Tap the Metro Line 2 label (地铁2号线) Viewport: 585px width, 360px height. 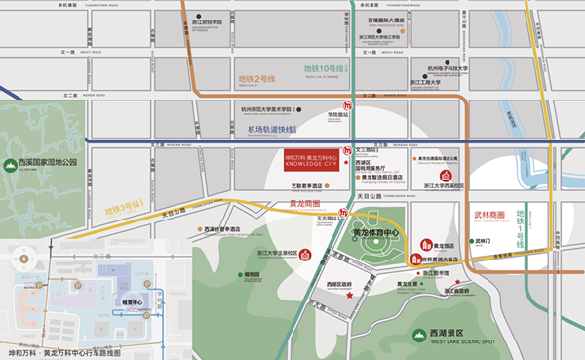(x=257, y=78)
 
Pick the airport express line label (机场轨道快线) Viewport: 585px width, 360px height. (x=271, y=129)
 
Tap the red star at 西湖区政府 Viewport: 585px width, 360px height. (x=349, y=294)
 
